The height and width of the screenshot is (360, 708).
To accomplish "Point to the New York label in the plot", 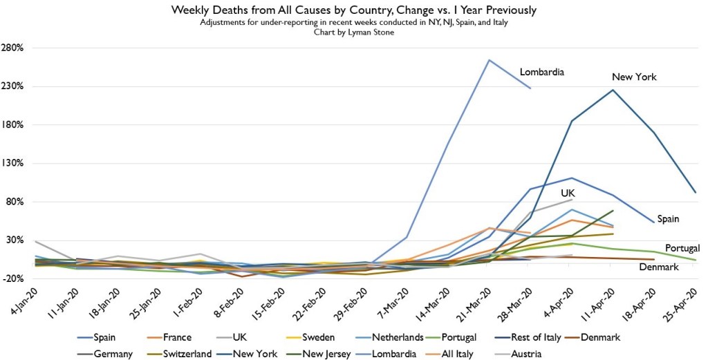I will pos(634,77).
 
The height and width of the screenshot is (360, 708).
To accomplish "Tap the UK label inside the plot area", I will pos(568,193).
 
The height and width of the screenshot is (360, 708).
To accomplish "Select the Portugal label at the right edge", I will pos(682,248).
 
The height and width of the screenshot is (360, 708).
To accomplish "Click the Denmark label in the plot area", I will pos(657,267).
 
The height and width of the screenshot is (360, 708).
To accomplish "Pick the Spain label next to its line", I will pos(668,219).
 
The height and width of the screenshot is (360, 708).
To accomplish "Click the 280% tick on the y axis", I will pos(14,48).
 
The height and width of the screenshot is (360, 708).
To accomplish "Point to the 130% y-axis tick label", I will pos(14,164).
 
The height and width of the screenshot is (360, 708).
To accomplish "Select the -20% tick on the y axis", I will pos(14,278).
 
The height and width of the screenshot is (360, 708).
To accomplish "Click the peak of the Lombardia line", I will pos(489,60).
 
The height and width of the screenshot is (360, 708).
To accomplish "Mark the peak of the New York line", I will pos(613,90).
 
